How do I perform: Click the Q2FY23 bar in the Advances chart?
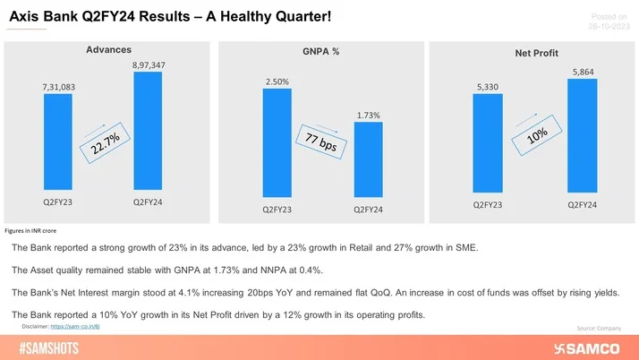coord(57,144)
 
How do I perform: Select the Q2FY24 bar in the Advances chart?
coord(147,133)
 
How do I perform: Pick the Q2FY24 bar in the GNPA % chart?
coord(368,160)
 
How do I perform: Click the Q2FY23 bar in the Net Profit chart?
coord(488,144)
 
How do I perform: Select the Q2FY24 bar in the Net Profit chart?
coord(582,135)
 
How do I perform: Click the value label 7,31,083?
coord(57,86)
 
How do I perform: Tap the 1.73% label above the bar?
coord(368,115)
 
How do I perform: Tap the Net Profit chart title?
coord(534,54)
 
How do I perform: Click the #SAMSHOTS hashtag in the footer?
coord(55,347)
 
